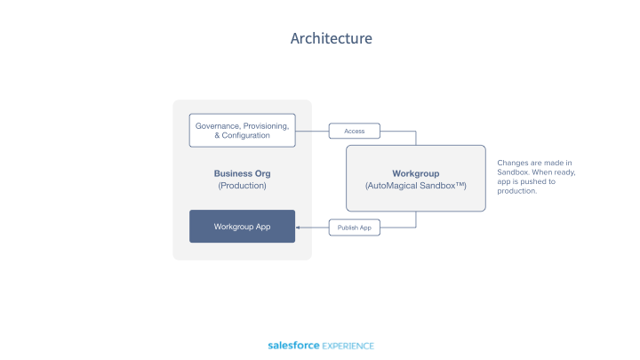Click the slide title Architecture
click(x=331, y=38)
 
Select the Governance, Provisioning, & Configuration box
click(x=242, y=131)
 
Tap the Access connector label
click(x=354, y=132)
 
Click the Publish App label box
click(x=354, y=228)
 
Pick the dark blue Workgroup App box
click(x=242, y=227)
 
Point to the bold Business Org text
click(x=242, y=173)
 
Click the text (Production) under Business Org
click(x=242, y=186)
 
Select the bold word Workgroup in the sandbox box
click(x=415, y=172)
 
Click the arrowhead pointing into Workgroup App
click(x=299, y=228)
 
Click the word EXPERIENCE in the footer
click(x=348, y=346)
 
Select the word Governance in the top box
click(x=216, y=126)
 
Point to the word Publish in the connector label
click(x=346, y=228)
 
